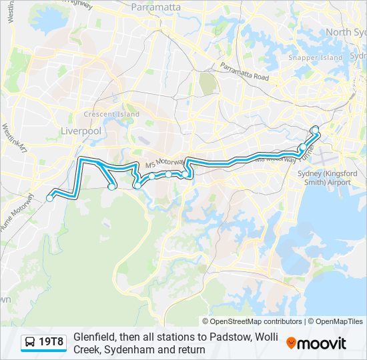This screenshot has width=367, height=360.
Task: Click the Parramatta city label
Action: pos(156,7)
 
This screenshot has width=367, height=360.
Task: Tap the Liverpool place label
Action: pos(81,131)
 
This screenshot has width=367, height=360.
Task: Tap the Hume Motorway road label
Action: pos(19,209)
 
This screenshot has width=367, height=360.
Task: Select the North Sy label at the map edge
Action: pos(346,32)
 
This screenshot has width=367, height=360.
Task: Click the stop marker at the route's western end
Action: pos(49,198)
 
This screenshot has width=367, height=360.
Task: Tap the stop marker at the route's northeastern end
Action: pos(316,129)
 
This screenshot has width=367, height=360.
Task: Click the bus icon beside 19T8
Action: pos(29,343)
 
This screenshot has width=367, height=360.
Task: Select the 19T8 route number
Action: pos(52,343)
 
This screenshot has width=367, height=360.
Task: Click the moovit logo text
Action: pos(322,343)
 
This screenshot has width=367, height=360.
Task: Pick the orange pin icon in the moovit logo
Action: pos(291,343)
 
